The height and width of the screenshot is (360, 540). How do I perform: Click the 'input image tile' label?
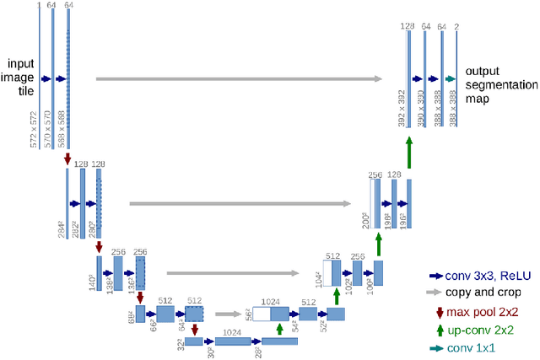[20, 78]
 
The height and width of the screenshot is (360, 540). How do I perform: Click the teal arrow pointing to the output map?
[451, 78]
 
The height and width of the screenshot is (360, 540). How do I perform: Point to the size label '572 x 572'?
[34, 129]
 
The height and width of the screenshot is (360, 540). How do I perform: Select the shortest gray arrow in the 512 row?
[227, 314]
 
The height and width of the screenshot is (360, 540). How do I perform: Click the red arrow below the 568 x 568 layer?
[67, 158]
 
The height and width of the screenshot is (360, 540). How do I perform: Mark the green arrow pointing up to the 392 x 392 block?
[408, 153]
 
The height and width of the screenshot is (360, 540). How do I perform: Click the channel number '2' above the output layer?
[456, 28]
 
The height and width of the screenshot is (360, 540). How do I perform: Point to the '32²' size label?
[181, 344]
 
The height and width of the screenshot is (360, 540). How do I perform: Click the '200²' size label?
[365, 221]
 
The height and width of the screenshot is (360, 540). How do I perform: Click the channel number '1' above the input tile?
[38, 5]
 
